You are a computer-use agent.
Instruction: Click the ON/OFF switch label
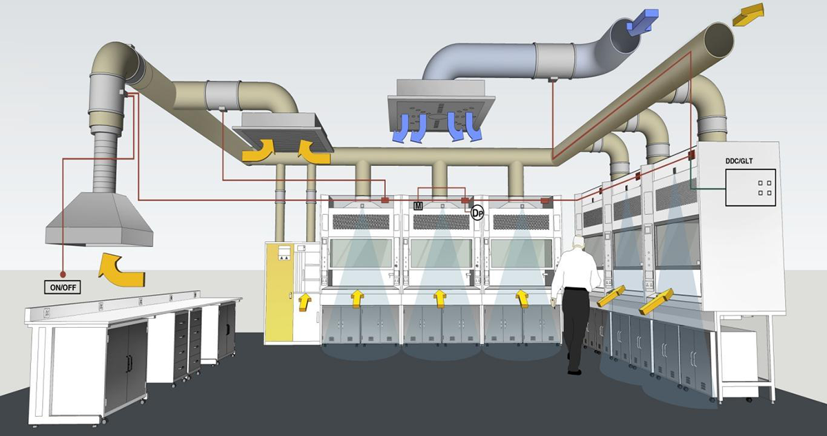(x=63, y=287)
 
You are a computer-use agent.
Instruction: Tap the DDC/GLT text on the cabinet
(x=739, y=160)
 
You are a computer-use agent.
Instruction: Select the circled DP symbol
(x=477, y=214)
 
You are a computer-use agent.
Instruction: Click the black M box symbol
(x=418, y=206)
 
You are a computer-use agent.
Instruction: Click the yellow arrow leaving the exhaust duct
(x=748, y=14)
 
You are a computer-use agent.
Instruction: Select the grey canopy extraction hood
(x=99, y=220)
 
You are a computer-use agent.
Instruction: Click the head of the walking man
(x=578, y=242)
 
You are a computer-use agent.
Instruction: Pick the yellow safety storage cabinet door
(x=278, y=292)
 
